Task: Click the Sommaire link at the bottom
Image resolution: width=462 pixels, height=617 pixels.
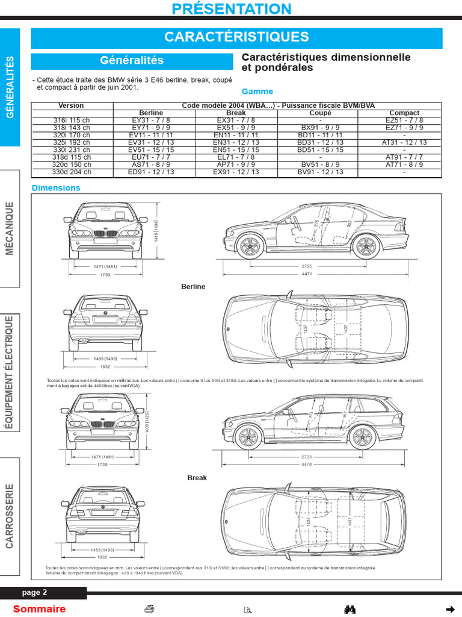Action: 39,609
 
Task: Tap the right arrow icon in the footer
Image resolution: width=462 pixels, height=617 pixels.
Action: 449,609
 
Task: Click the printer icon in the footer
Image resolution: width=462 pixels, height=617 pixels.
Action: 149,609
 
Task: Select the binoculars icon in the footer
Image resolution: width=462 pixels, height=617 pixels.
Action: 350,609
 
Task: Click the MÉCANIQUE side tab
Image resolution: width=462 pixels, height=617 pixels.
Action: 10,228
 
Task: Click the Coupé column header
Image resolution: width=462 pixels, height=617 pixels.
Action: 320,113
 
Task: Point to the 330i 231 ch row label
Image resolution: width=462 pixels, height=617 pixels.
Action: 72,149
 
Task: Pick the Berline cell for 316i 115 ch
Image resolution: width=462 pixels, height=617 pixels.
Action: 151,120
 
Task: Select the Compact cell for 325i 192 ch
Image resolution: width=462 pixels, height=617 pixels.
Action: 404,142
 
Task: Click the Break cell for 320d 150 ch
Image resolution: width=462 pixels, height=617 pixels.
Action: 236,164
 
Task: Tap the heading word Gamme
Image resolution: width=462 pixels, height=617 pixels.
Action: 257,92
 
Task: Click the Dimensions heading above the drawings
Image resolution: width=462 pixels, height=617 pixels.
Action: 56,188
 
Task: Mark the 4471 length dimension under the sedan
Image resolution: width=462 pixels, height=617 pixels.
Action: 307,274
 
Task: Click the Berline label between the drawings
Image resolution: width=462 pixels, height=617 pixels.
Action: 193,287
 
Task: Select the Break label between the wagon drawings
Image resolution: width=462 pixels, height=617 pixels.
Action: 197,478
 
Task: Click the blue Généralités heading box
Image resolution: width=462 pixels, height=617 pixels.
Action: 132,61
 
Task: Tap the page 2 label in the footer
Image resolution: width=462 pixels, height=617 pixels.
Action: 34,592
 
